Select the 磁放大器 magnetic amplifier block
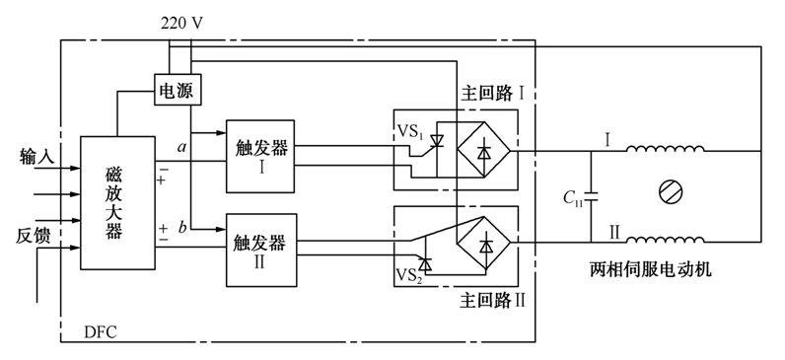pos(115,202)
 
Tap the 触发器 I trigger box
pos(259,156)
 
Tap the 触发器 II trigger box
pos(259,250)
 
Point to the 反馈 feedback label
pos(36,237)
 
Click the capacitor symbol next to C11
pos(591,195)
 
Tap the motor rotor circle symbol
pos(668,192)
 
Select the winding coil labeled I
pos(667,151)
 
